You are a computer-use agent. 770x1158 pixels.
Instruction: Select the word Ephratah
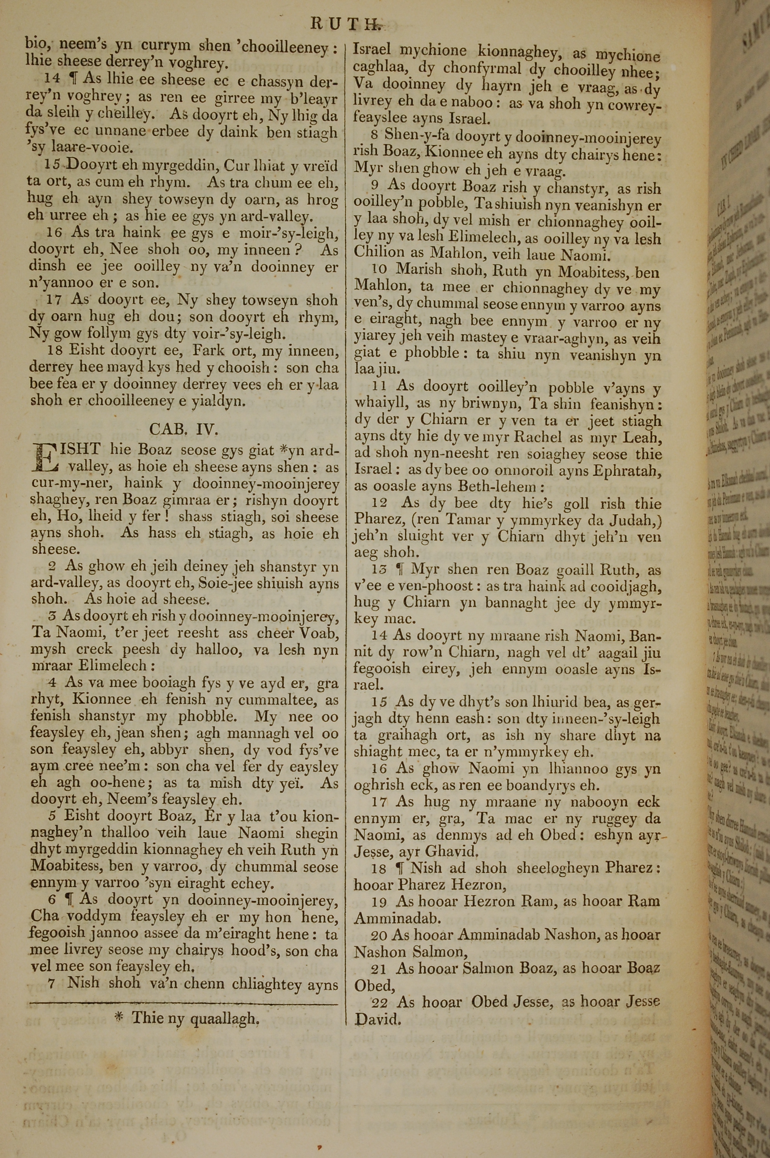627,470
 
